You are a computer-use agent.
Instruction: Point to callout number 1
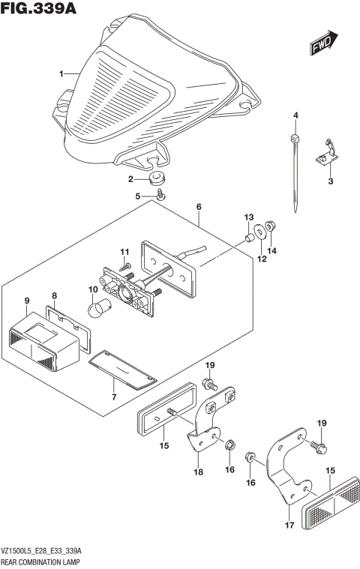tap(62, 74)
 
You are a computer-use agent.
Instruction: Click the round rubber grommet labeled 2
tap(157, 180)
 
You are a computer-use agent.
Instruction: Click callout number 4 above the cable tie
tap(295, 115)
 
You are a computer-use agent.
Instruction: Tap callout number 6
tap(199, 207)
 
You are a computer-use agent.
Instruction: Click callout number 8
tap(54, 295)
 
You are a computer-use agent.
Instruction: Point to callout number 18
tap(198, 472)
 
